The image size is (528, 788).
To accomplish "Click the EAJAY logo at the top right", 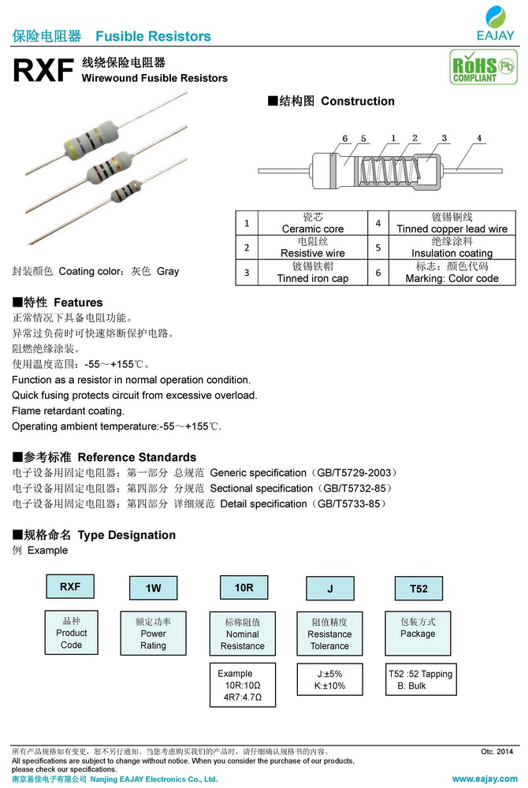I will coord(495,24).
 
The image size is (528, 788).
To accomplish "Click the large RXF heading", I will coord(43,71).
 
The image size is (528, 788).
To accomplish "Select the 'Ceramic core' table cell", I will coord(313,223).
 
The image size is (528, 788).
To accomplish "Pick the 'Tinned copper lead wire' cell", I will coord(452,223).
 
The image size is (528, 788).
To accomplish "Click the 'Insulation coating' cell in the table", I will coord(452,247).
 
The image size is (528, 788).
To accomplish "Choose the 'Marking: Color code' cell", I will coord(452,273).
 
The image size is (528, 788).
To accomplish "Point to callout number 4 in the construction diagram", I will coord(479,139).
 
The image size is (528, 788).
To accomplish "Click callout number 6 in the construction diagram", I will coord(345,139).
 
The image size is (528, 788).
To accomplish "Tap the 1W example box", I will coord(154,589).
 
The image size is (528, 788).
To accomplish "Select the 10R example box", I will coord(244,588).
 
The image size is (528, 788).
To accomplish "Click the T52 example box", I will coord(418,589).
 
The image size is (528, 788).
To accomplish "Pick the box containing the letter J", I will coord(330,589).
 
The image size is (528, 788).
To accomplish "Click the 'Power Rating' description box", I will coord(154,633).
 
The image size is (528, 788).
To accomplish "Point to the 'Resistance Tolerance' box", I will coord(329,633).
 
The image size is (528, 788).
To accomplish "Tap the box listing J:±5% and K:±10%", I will coord(329,679).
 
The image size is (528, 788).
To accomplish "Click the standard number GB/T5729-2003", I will coord(357,473).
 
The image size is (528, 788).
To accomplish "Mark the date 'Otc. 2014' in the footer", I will coord(496,752).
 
